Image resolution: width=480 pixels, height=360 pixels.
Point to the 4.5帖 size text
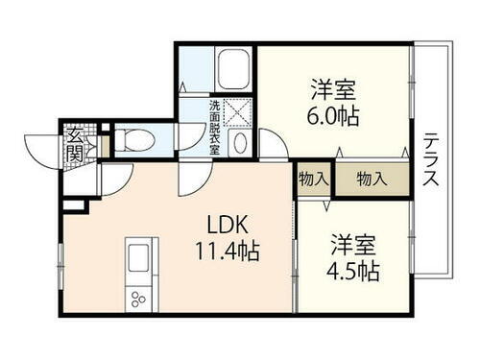pyautogui.click(x=350, y=270)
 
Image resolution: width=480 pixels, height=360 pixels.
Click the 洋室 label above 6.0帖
pyautogui.click(x=333, y=90)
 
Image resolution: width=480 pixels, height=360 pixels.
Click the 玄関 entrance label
pyautogui.click(x=74, y=144)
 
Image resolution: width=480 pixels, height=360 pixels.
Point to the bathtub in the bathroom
pyautogui.click(x=231, y=68)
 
